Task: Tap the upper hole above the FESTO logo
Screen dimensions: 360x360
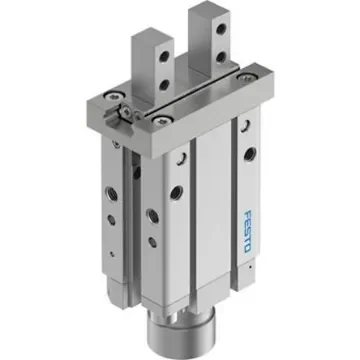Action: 243,125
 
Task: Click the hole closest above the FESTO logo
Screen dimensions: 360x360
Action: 243,154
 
